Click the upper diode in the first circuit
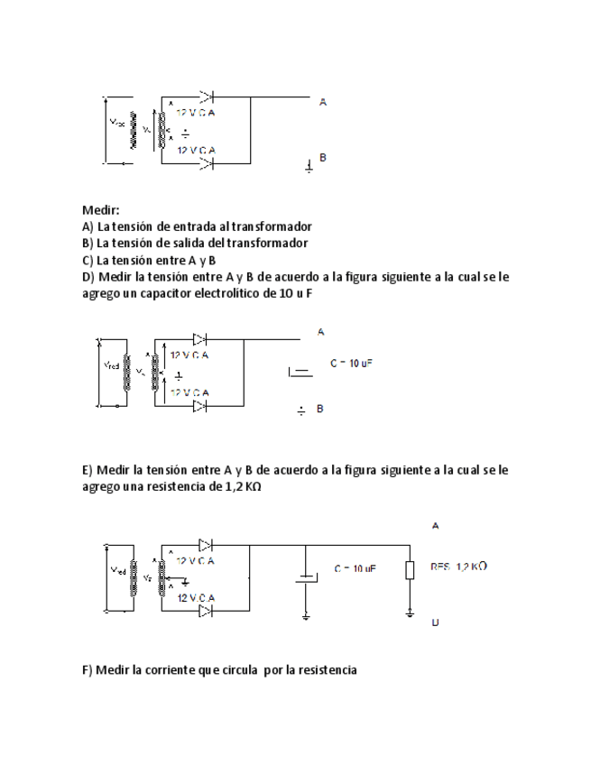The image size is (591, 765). point(208,95)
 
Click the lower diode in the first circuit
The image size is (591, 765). point(208,163)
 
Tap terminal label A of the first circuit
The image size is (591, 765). point(322,102)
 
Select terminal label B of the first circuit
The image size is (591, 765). point(322,156)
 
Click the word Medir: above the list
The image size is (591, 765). point(100,209)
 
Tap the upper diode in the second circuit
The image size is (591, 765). point(200,339)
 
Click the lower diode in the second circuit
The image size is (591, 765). point(200,407)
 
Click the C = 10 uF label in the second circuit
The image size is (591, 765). point(351,363)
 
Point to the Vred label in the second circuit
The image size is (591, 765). point(109,366)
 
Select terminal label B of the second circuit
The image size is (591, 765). point(320,409)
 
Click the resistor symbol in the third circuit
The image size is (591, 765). point(410,569)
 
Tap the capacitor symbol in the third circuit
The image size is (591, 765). point(307,577)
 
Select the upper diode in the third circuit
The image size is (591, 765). point(206,545)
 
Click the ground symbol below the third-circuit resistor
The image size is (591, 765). point(410,613)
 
